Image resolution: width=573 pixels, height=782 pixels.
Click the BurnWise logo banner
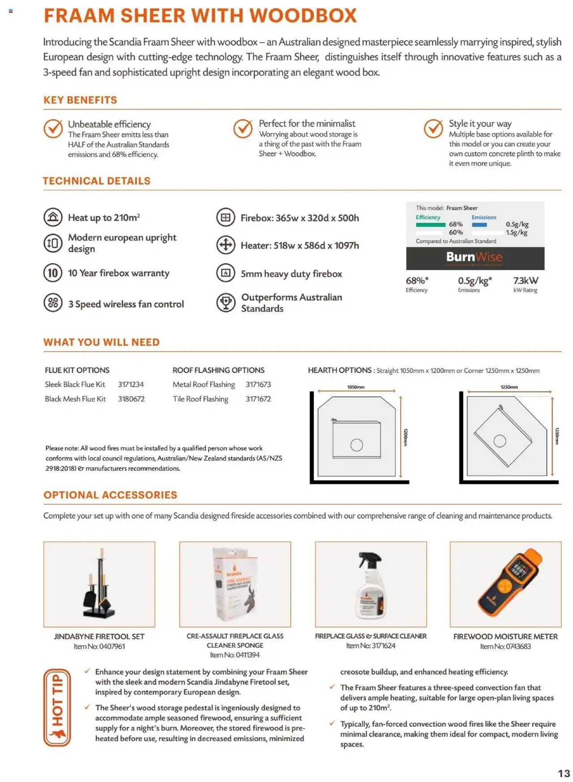tap(475, 257)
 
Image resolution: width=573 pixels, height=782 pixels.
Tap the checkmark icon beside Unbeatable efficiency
tap(53, 129)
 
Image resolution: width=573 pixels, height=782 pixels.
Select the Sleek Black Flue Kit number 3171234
tap(131, 385)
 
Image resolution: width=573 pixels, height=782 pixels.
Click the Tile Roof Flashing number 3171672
tap(258, 399)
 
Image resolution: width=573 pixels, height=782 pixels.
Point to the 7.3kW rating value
tap(526, 281)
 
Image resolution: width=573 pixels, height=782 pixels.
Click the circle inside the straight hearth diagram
tap(356, 445)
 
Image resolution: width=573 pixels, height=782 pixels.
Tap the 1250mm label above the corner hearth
tap(509, 387)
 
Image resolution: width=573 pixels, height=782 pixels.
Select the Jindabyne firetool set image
tap(99, 584)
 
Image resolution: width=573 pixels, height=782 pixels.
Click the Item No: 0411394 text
tap(235, 655)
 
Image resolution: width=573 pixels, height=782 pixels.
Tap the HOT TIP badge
tap(57, 707)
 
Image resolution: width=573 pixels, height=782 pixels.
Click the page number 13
tap(564, 773)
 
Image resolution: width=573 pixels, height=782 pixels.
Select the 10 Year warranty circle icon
tap(53, 273)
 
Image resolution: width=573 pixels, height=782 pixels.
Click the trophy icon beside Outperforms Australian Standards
tap(226, 303)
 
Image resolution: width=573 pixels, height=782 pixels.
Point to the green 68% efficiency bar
tap(430, 225)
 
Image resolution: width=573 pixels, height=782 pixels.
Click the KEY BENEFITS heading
tap(80, 100)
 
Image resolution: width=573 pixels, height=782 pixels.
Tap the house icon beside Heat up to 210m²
tap(53, 218)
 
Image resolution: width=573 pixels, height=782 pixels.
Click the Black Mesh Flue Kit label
tap(75, 399)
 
